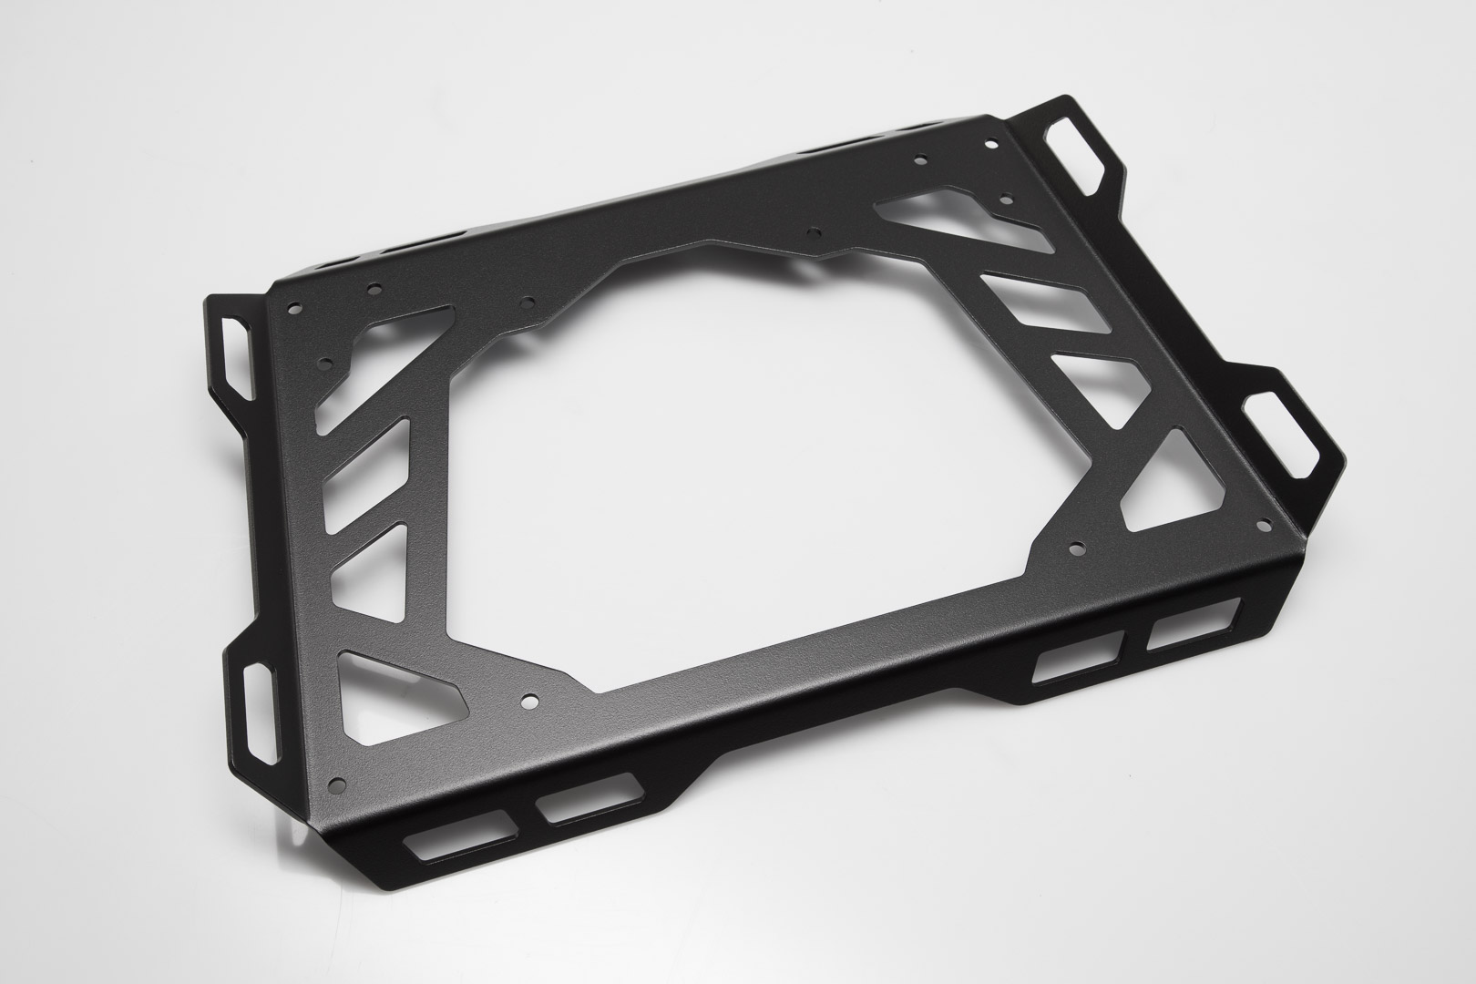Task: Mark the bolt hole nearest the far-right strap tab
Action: [x=1263, y=523]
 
